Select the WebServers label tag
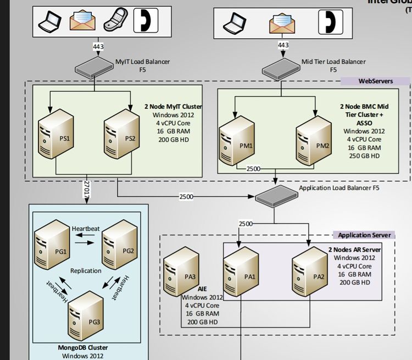[x=376, y=81]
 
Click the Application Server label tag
[x=364, y=235]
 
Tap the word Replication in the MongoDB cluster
[x=86, y=271]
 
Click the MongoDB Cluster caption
[x=83, y=347]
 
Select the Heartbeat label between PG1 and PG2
[x=86, y=228]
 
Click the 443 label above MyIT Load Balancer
[x=98, y=47]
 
